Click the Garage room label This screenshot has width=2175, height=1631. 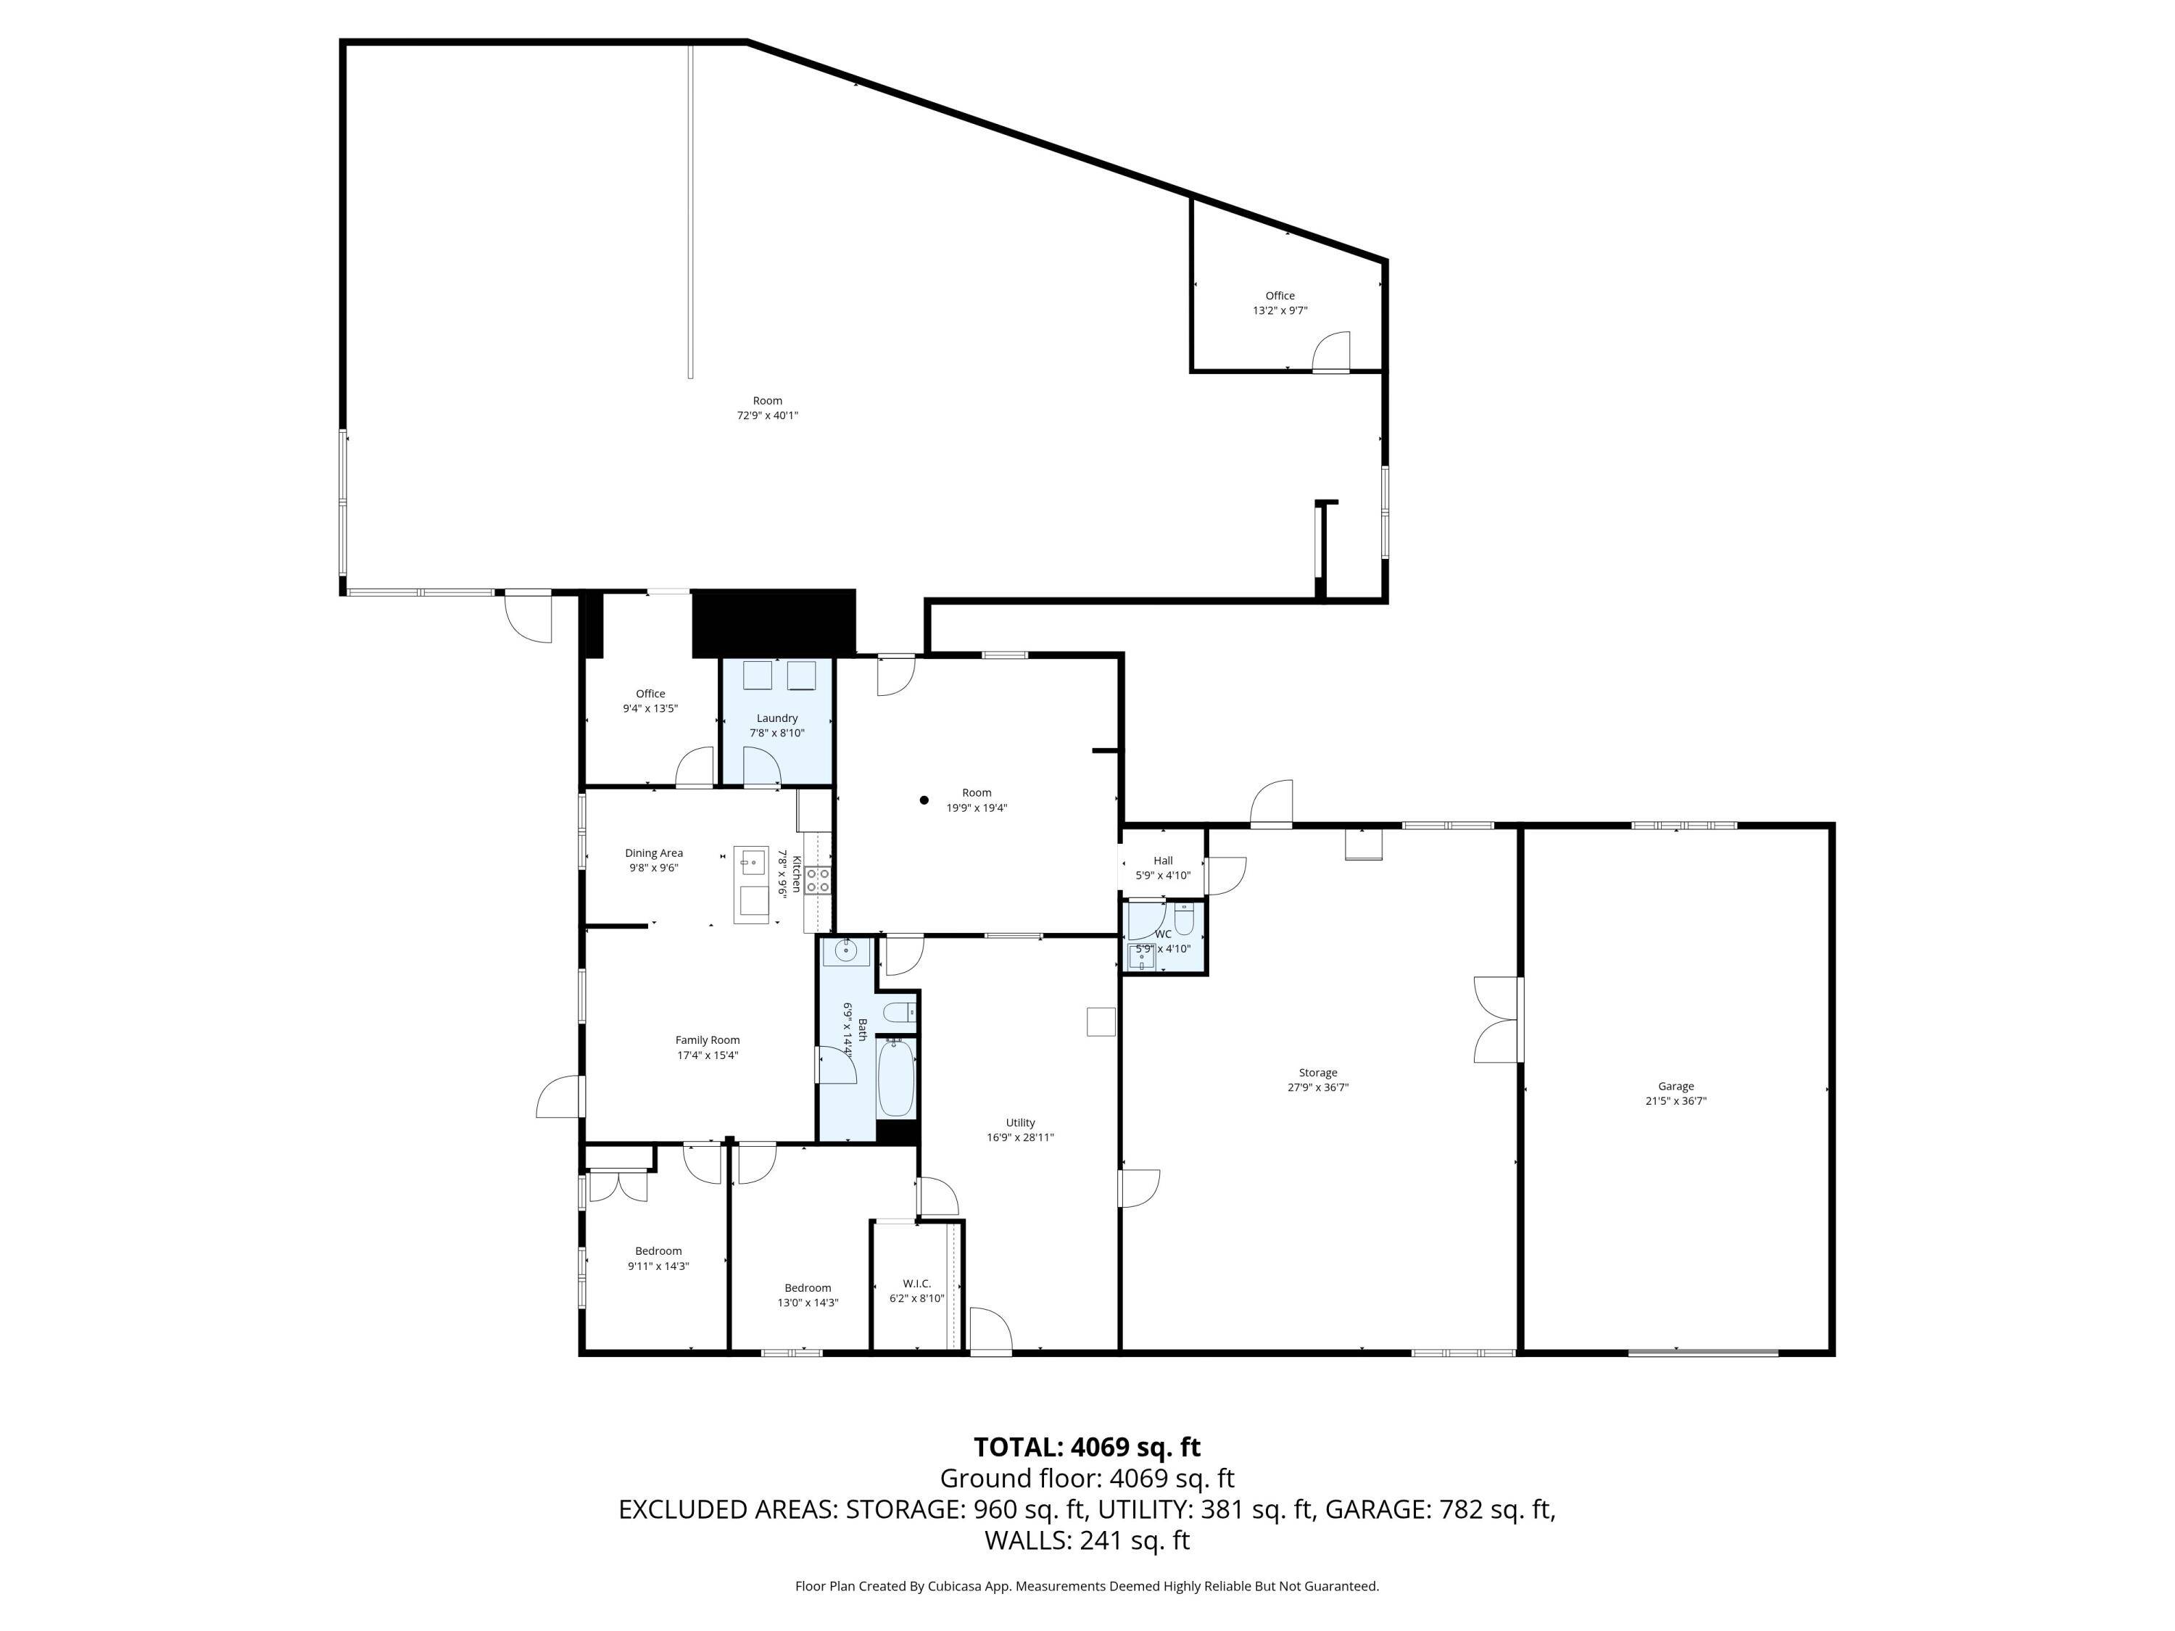[x=1675, y=1087]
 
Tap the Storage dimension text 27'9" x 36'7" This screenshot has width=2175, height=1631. [x=1317, y=1087]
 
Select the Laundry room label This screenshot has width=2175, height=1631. [x=776, y=718]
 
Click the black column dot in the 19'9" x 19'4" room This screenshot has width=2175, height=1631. [x=924, y=800]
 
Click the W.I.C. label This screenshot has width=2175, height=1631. [x=916, y=1283]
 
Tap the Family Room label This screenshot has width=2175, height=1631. [x=707, y=1040]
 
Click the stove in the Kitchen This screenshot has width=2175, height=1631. [x=818, y=880]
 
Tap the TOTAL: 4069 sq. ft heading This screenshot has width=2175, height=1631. [x=1087, y=1447]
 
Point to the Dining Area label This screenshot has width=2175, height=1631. [x=654, y=853]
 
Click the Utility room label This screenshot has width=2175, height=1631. [x=1019, y=1123]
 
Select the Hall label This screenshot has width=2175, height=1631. [x=1163, y=860]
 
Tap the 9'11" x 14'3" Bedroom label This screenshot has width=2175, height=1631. [x=658, y=1251]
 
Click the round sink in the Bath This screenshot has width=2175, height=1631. [x=845, y=950]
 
